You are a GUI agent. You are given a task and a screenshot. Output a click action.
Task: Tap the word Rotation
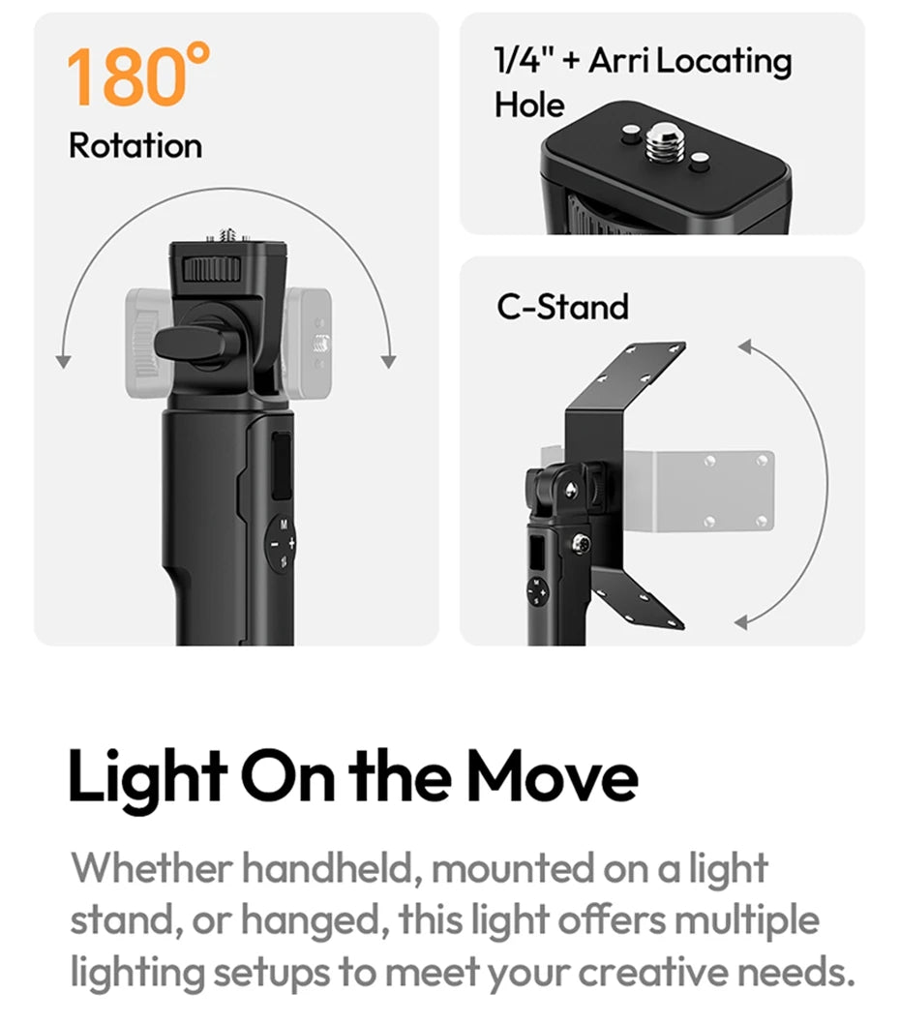pos(135,146)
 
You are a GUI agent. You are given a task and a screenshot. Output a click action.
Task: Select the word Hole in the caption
pos(529,104)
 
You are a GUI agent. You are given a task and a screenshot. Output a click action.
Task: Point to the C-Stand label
pos(562,307)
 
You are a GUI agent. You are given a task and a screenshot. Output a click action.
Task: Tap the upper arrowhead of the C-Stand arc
pos(744,345)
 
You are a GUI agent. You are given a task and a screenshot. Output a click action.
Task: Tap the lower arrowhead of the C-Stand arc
pos(742,621)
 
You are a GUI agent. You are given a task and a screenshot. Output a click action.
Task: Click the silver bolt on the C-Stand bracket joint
pos(582,545)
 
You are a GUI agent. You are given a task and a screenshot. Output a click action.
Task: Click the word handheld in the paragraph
pos(328,868)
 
